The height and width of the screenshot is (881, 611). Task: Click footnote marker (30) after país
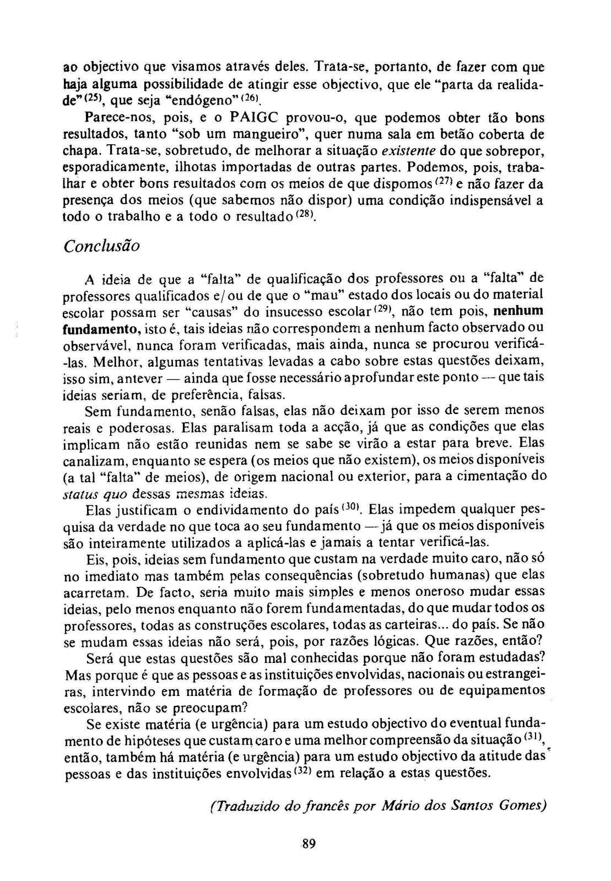point(350,505)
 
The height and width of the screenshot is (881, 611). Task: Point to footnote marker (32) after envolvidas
point(303,770)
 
